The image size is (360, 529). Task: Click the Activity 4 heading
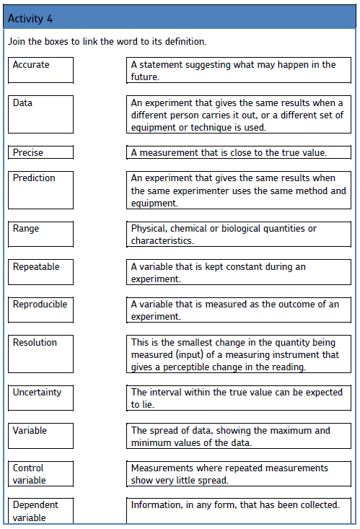coord(30,18)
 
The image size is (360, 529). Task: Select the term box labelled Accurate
coord(42,71)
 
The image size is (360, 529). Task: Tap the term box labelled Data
coord(42,115)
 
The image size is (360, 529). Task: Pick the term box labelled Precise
coord(42,152)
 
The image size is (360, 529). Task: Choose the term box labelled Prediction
coord(42,189)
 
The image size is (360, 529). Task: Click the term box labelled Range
coord(42,234)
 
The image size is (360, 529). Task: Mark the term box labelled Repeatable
coord(42,272)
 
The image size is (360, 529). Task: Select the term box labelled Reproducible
coord(42,310)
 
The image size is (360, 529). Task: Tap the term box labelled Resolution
coord(42,354)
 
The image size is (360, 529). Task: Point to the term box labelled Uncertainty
coord(42,398)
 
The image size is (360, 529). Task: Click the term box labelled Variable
coord(42,436)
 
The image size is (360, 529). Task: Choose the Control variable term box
coord(42,473)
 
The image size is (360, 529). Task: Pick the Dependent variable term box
coord(42,510)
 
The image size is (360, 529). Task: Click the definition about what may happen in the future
coord(238,71)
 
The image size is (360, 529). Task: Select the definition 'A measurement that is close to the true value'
coord(238,152)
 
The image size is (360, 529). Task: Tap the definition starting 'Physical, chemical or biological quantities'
coord(238,234)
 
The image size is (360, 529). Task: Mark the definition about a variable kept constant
coord(238,272)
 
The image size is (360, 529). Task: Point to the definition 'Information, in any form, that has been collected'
coord(238,510)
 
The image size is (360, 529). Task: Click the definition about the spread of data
coord(238,436)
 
